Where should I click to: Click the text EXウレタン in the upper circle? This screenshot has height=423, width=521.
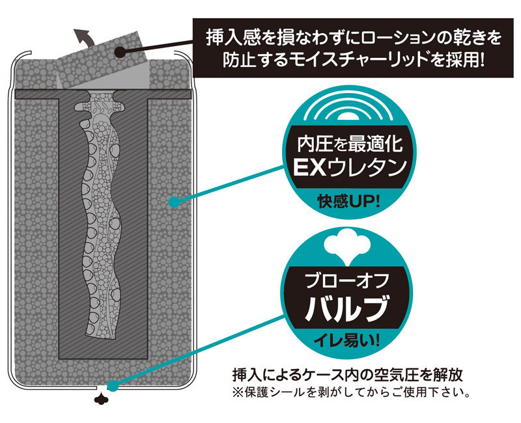click(350, 167)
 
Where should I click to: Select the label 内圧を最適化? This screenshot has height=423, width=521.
click(350, 141)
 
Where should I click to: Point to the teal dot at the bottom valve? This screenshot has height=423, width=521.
click(112, 386)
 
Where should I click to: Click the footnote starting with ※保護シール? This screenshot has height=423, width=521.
click(350, 393)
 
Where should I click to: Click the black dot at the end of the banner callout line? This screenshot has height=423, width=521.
click(120, 51)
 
